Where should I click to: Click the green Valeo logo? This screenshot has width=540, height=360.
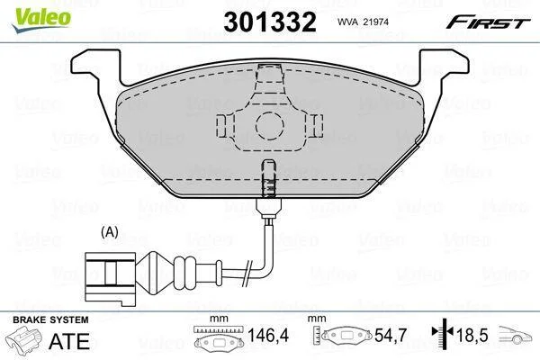tap(41, 20)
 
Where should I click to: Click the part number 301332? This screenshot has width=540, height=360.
tap(270, 22)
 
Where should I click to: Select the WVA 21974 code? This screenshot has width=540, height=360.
tap(363, 22)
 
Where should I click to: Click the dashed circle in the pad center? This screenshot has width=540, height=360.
tap(270, 126)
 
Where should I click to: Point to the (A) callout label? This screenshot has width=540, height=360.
tap(110, 232)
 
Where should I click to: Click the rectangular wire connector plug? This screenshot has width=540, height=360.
tap(110, 278)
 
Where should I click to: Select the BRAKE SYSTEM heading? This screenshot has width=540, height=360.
tap(50, 319)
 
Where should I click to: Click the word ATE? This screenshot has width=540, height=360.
tap(69, 341)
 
